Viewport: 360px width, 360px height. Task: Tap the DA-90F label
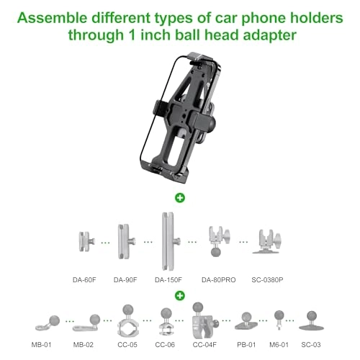(x=126, y=278)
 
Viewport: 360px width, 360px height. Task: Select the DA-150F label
(x=168, y=278)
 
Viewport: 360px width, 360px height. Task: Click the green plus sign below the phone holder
(x=179, y=196)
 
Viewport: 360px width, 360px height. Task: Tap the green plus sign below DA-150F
(x=179, y=294)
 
